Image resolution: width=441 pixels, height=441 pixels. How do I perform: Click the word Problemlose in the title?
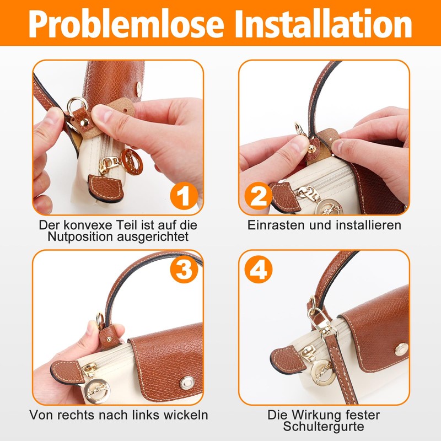coord(121,24)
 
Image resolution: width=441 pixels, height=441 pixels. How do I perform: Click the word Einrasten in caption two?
coord(275,225)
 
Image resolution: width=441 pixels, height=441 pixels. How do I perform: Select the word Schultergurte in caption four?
coord(324,426)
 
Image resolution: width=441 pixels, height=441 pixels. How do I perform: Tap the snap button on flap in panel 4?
coord(401,348)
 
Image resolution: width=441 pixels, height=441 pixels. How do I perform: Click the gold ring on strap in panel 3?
coord(101,319)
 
